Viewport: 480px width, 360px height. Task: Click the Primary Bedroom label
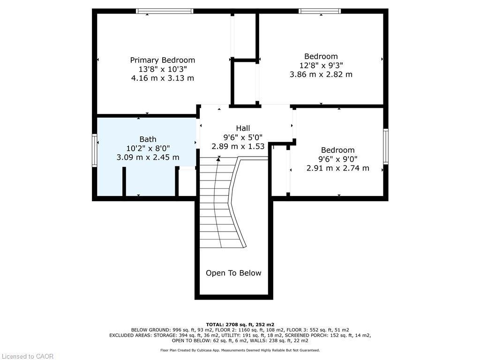pos(162,60)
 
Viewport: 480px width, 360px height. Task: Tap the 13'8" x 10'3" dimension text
pos(162,69)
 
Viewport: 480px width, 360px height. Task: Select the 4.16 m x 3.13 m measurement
pos(162,78)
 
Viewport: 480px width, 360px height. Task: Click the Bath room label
pos(148,139)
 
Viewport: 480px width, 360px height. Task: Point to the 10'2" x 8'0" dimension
pos(148,148)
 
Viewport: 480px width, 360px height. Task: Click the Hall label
pos(243,128)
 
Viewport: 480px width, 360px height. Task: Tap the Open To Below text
pos(233,273)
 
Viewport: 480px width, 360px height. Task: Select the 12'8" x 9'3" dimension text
pos(321,65)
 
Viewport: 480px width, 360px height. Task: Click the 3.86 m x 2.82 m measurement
pos(321,74)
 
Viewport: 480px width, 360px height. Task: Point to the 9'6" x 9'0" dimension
pos(337,159)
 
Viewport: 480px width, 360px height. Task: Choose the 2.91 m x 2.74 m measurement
pos(337,168)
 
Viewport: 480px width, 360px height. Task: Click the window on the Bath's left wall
pos(95,150)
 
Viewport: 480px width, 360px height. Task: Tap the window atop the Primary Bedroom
pos(165,11)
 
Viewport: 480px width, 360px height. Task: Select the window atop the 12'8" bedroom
pos(320,11)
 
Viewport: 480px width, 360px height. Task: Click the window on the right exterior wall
pos(385,146)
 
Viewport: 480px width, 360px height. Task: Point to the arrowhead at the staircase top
pos(218,159)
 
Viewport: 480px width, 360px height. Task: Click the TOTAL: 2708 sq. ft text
pos(240,324)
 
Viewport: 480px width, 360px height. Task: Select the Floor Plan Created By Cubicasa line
pos(240,350)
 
